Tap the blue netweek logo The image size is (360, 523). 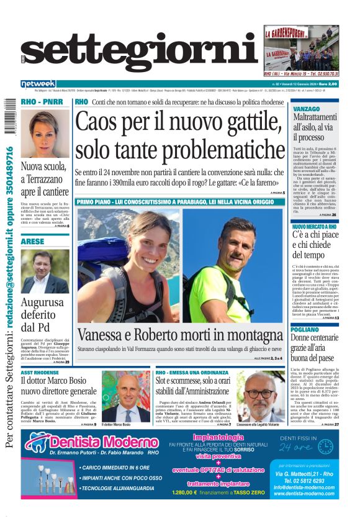[38, 84]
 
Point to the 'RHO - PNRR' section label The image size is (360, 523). [38, 102]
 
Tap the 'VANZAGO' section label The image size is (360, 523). [306, 109]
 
